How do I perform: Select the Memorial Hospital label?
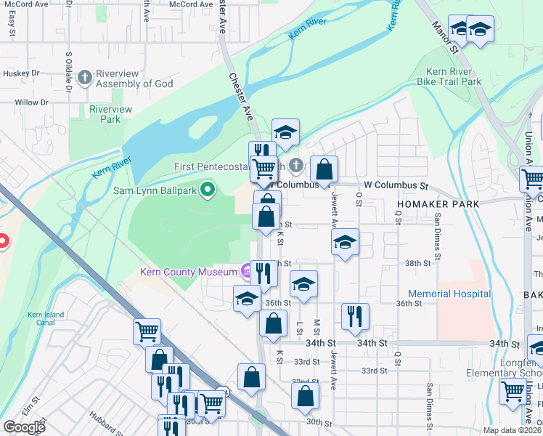coord(449,294)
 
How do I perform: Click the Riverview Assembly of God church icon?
coord(85,76)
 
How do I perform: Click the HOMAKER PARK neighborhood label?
coord(438,204)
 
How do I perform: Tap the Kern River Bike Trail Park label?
coord(449,77)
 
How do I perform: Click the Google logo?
coord(24,427)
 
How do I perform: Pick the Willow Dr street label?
coord(31,102)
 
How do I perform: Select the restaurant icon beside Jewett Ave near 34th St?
coord(355,315)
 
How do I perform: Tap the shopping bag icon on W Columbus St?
coord(324,169)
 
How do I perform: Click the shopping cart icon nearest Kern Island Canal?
coord(147,331)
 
